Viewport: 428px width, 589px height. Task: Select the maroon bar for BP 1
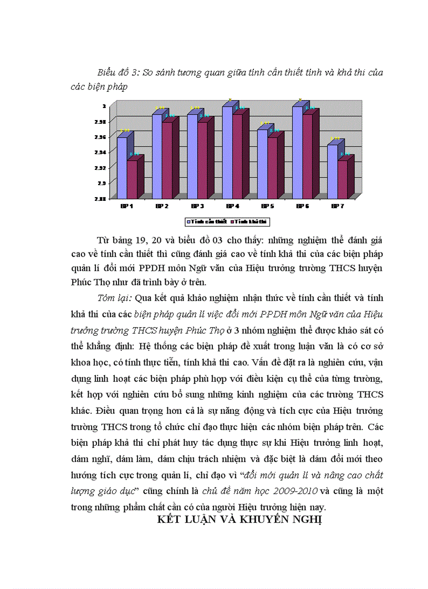click(x=132, y=178)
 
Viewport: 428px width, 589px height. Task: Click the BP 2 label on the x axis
click(x=162, y=206)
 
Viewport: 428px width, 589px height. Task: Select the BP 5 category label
click(x=267, y=206)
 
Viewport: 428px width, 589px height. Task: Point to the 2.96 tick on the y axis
click(x=100, y=137)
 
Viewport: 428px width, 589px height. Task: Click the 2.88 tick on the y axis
click(x=100, y=198)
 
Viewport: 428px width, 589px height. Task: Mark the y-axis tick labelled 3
click(x=104, y=106)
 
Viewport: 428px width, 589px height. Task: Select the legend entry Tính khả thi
click(x=251, y=222)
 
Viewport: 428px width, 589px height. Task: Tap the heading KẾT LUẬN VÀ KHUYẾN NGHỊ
click(x=239, y=520)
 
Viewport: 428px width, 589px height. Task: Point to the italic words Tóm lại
click(x=115, y=298)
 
